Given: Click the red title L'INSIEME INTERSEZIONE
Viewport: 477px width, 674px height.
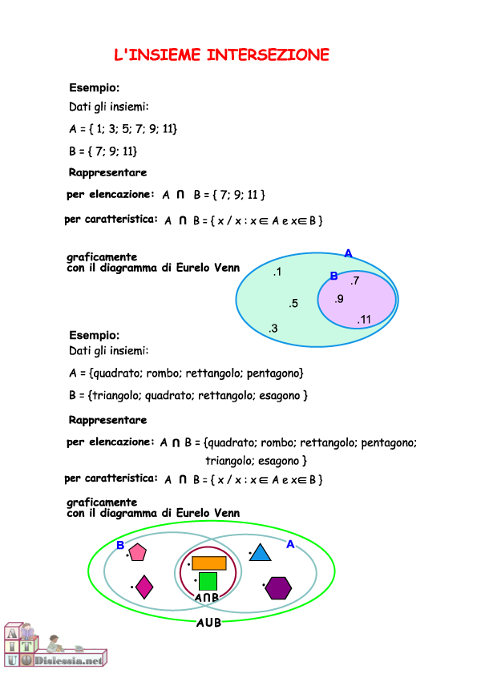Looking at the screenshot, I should [x=221, y=54].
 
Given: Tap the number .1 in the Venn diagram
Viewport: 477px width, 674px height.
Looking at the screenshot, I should [x=277, y=272].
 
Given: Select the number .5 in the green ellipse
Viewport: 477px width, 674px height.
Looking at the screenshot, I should [x=293, y=303].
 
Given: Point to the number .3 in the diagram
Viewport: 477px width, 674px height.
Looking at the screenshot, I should [x=273, y=329].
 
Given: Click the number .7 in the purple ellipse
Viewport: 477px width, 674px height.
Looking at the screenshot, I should [x=354, y=280].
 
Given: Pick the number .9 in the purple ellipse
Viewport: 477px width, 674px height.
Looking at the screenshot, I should [x=338, y=299].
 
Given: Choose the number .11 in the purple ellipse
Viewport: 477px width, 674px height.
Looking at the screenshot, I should [x=364, y=320].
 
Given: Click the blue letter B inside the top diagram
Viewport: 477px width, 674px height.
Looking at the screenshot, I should [x=333, y=276].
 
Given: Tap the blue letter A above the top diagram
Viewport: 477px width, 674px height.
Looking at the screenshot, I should [x=348, y=253].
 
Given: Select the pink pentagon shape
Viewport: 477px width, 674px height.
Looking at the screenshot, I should [x=138, y=552].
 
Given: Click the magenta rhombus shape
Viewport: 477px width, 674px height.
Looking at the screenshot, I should [x=144, y=587].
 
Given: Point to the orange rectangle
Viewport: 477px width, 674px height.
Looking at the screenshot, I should [x=209, y=563].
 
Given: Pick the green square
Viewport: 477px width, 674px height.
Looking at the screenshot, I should [x=208, y=581].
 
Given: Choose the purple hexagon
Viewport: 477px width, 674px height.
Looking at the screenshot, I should [x=278, y=587].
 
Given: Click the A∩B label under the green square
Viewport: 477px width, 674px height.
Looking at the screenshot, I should [x=207, y=598].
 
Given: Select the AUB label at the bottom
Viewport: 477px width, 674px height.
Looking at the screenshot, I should [x=208, y=623].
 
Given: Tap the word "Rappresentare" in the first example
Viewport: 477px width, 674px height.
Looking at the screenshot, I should [x=107, y=172].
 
